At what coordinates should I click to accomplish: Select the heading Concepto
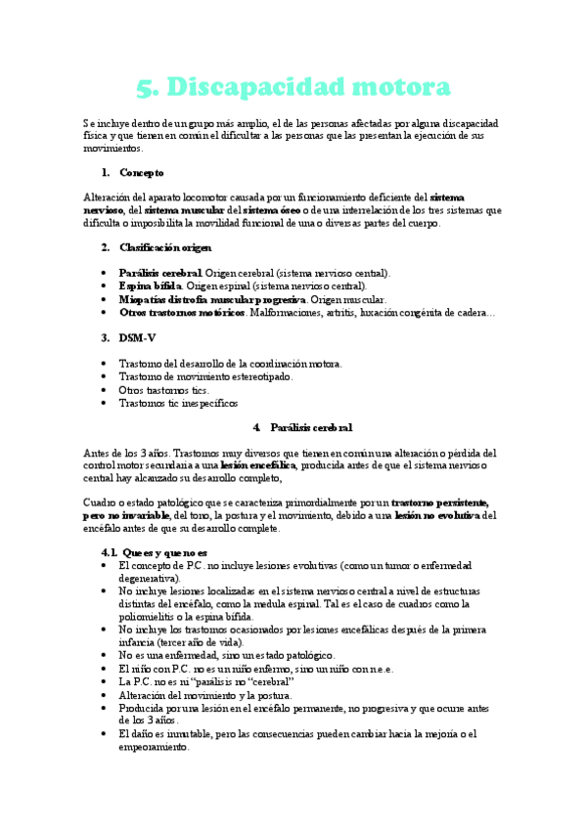click(x=142, y=172)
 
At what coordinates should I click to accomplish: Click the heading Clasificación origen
click(x=164, y=247)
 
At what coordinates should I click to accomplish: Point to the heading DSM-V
click(x=139, y=337)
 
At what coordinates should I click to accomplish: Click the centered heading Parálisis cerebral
click(x=310, y=427)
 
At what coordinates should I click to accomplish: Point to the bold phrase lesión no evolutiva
click(x=437, y=515)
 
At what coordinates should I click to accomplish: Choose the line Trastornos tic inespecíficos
click(x=177, y=402)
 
